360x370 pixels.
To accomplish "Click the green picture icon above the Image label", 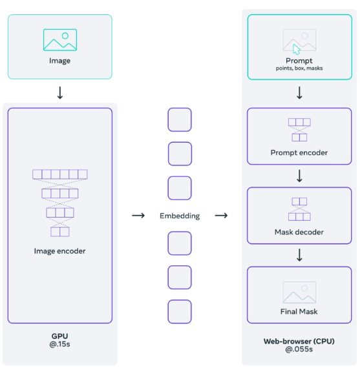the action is pyautogui.click(x=60, y=39).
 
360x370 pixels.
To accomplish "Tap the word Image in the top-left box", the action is pyautogui.click(x=59, y=61).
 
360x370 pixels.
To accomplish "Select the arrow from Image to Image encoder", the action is pyautogui.click(x=60, y=92).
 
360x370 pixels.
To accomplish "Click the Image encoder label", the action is pyautogui.click(x=59, y=251).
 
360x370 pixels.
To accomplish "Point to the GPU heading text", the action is pyautogui.click(x=59, y=336).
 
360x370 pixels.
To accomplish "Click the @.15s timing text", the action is pyautogui.click(x=59, y=344).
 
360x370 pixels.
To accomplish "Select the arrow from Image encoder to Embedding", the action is pyautogui.click(x=138, y=216).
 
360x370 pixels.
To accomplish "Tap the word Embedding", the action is pyautogui.click(x=180, y=216).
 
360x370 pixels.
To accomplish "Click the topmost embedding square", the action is pyautogui.click(x=180, y=119).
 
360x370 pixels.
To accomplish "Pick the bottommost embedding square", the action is pyautogui.click(x=180, y=311).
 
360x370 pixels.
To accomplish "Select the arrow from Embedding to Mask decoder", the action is pyautogui.click(x=221, y=216).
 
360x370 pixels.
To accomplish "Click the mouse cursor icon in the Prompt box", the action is pyautogui.click(x=297, y=49).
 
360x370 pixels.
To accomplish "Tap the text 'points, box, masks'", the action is pyautogui.click(x=299, y=68).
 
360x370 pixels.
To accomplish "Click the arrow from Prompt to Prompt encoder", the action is pyautogui.click(x=299, y=92).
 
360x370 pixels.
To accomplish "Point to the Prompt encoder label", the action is pyautogui.click(x=299, y=152).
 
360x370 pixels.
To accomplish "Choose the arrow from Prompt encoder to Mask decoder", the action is pyautogui.click(x=299, y=176).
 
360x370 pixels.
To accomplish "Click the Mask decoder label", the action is pyautogui.click(x=299, y=232).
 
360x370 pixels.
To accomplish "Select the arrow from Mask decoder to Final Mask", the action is pyautogui.click(x=299, y=255).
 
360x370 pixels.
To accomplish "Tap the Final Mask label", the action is pyautogui.click(x=299, y=311).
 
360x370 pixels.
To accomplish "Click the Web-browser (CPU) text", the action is pyautogui.click(x=299, y=341).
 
